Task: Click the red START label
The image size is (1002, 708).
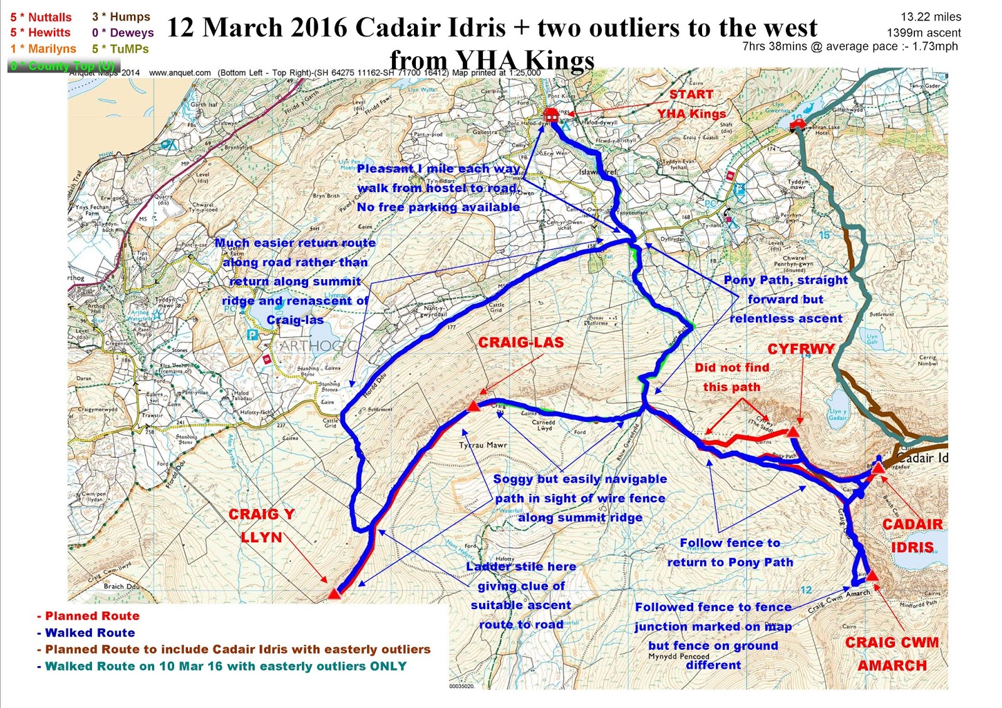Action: [x=691, y=95]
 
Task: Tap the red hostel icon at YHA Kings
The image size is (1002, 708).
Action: [x=551, y=115]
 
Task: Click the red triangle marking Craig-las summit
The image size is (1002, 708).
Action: [x=473, y=407]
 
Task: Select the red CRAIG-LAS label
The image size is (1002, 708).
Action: [x=521, y=342]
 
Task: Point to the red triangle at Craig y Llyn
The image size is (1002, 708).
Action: [x=334, y=592]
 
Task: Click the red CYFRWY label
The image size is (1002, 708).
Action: [x=801, y=349]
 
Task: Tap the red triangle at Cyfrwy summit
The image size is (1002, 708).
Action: [x=793, y=432]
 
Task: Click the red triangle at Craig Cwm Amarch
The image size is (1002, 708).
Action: [x=872, y=575]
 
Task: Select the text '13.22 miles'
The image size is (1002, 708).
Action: [x=931, y=17]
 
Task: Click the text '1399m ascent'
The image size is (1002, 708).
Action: [x=923, y=33]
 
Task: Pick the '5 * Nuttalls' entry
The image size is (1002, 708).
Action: [x=41, y=17]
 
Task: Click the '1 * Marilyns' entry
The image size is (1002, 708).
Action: [x=43, y=49]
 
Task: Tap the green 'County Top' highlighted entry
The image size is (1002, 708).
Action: [x=62, y=66]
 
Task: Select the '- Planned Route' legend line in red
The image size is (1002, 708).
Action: [x=88, y=616]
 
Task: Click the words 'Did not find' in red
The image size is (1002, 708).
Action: [x=731, y=367]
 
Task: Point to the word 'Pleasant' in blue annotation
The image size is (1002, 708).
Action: [x=385, y=169]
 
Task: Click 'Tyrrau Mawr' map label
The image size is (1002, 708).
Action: [x=483, y=445]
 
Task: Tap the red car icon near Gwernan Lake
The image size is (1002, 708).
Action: [x=797, y=125]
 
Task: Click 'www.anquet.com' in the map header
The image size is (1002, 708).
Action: [x=180, y=73]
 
